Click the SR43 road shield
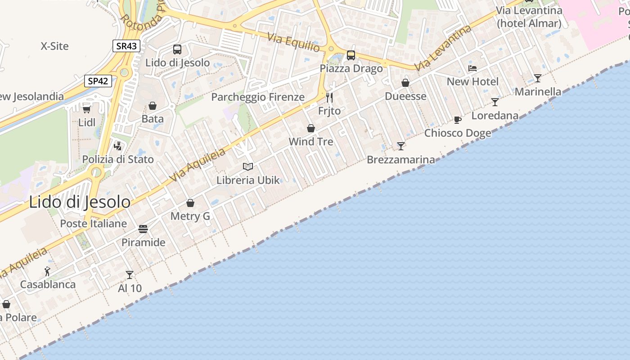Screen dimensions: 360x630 click(x=126, y=45)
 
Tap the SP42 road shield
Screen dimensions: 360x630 click(x=98, y=81)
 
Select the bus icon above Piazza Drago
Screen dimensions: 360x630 click(x=351, y=55)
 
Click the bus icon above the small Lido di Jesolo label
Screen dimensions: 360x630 click(x=177, y=49)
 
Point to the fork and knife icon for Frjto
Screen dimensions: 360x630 click(x=329, y=97)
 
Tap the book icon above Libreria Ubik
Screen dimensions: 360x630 click(x=248, y=167)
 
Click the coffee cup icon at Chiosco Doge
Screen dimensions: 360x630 click(x=458, y=120)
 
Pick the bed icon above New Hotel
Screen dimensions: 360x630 click(x=472, y=68)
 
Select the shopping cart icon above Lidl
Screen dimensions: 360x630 click(x=87, y=109)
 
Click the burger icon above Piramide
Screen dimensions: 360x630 click(x=144, y=229)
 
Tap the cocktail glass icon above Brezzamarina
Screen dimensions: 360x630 click(x=401, y=146)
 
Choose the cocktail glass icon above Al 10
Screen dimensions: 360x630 click(x=130, y=274)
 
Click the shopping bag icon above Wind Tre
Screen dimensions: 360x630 click(x=311, y=128)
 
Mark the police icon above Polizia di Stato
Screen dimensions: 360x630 click(x=118, y=146)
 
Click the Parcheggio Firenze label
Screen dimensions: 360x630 click(x=258, y=97)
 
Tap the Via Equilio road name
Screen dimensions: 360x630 click(x=293, y=42)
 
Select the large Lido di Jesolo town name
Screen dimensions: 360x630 click(x=80, y=202)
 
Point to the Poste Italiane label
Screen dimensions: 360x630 click(x=94, y=224)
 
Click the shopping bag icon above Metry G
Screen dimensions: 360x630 click(x=190, y=203)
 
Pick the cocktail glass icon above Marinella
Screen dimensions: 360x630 click(x=538, y=78)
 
